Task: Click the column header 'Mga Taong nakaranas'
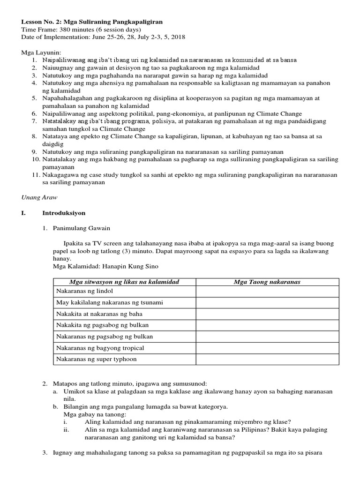(267, 282)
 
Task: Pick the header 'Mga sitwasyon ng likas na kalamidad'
(124, 282)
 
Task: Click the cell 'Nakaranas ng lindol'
(82, 292)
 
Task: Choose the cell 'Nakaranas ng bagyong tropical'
(100, 348)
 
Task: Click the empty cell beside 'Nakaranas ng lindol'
(267, 292)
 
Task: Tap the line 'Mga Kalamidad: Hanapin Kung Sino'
(106, 267)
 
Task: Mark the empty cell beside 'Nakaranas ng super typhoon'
(267, 359)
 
